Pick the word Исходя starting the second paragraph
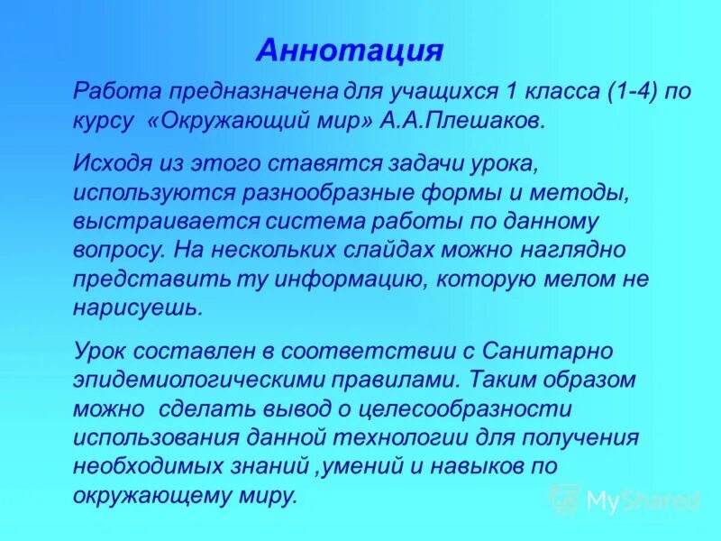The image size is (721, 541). [x=106, y=162]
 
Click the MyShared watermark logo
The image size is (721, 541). [x=624, y=499]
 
